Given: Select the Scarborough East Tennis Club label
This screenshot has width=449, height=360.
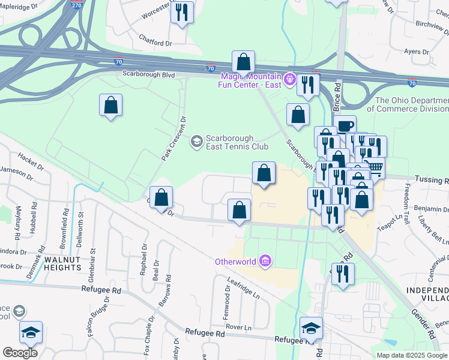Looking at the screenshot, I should [x=229, y=142].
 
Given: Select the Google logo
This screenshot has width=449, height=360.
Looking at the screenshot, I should [x=20, y=353].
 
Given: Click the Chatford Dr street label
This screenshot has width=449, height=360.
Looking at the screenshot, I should [x=155, y=43].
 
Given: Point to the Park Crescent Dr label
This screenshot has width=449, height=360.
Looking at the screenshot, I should [x=173, y=138].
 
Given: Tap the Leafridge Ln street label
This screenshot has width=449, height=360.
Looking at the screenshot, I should [x=244, y=288].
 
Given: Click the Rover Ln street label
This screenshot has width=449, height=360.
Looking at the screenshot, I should [x=238, y=327].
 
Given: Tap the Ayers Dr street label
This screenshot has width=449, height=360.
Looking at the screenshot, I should [x=417, y=52].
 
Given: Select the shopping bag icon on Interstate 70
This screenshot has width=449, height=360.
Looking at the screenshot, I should [x=243, y=62].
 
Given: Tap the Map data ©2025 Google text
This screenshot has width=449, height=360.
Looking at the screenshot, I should [x=412, y=355].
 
